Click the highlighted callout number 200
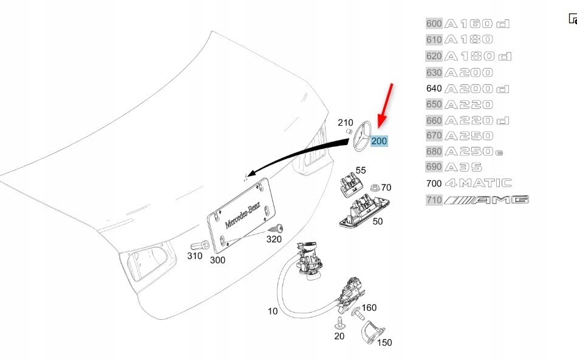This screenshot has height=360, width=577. click(379, 141)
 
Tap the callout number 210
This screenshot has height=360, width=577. click(345, 123)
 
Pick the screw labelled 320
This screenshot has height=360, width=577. click(279, 229)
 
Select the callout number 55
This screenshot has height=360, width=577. click(361, 170)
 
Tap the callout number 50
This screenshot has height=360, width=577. click(377, 222)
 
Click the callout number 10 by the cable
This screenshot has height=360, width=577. click(272, 311)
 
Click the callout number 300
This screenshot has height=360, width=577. click(217, 260)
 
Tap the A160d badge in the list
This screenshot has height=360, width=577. click(477, 24)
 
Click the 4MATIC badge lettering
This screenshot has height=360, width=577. click(478, 183)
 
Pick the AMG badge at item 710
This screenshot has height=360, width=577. click(486, 200)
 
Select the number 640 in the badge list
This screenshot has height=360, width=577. click(434, 88)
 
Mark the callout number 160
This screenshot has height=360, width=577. click(369, 308)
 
